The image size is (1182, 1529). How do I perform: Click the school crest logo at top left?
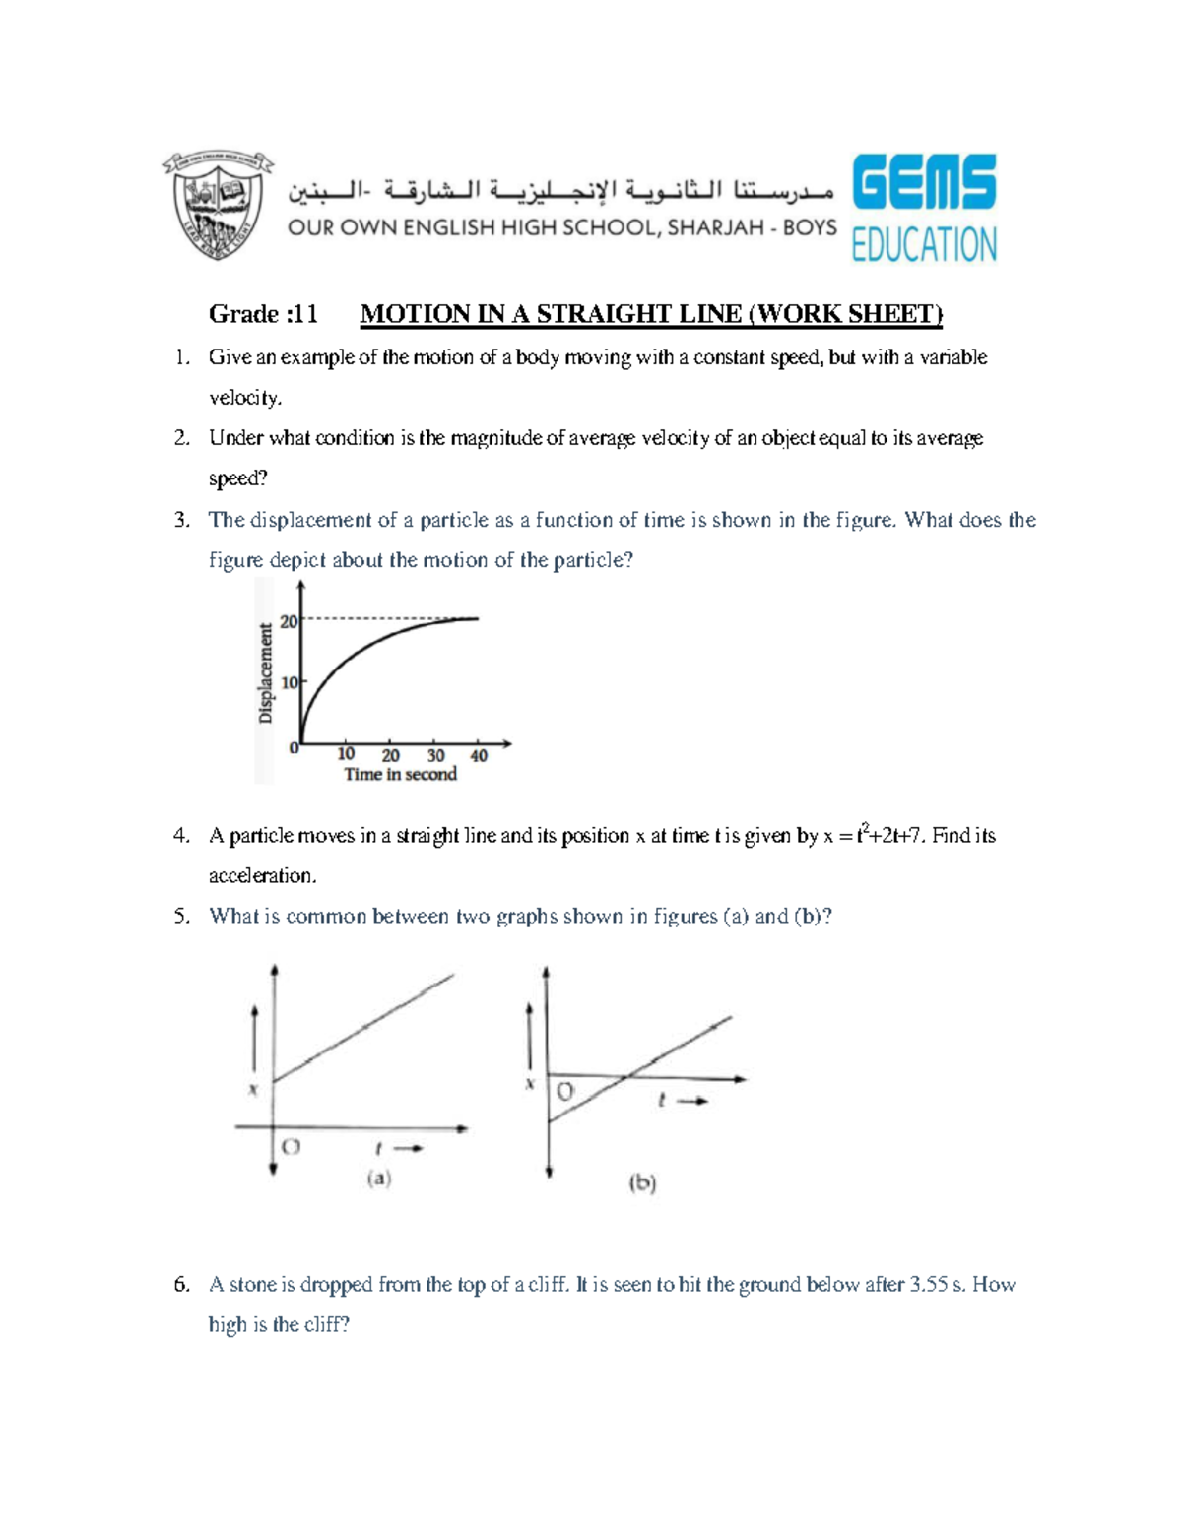click(x=218, y=205)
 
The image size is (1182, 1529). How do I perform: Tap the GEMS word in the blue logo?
click(x=924, y=182)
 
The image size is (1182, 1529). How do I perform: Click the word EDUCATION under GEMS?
click(x=924, y=244)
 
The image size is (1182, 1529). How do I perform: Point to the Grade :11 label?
click(x=263, y=314)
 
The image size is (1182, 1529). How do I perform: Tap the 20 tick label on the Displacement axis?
click(x=289, y=621)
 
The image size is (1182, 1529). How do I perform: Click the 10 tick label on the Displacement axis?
click(x=290, y=682)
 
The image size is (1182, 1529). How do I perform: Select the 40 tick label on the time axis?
click(x=479, y=756)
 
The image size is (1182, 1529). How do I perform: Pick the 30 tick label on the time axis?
click(x=435, y=756)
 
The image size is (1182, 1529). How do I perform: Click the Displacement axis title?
click(x=265, y=673)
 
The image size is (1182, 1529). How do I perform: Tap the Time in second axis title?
click(x=400, y=775)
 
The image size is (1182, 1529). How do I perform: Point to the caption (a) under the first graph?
click(x=379, y=1178)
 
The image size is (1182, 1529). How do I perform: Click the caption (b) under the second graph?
click(x=642, y=1182)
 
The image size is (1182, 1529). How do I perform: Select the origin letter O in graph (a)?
click(x=291, y=1147)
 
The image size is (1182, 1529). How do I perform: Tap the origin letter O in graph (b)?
click(x=565, y=1092)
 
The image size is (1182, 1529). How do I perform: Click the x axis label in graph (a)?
click(x=253, y=1089)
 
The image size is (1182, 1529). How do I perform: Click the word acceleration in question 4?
click(x=262, y=875)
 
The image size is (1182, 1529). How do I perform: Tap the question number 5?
click(x=181, y=916)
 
